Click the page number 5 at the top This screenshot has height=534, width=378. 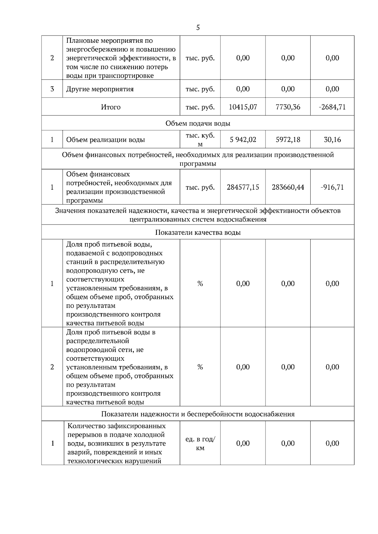point(198,28)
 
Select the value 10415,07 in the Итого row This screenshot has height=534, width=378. point(243,107)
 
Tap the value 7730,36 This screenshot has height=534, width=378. point(288,107)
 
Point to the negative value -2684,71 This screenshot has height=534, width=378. point(332,107)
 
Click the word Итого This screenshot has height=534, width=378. point(111,107)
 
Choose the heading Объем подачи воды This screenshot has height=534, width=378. point(198,123)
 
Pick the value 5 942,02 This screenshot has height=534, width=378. point(243,140)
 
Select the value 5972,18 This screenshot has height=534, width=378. point(288,140)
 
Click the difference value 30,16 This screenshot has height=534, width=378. point(332,140)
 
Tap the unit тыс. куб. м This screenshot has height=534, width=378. point(200,140)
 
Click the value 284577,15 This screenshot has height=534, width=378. point(243,187)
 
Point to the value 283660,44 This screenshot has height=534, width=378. point(288,187)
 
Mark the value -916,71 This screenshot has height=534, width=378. point(332,187)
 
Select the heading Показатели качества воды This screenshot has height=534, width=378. point(198,232)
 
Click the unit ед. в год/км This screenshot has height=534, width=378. point(200,443)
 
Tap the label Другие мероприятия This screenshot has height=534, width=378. point(100,89)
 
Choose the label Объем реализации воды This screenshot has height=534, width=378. point(106,140)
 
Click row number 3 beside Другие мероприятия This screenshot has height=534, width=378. point(52,89)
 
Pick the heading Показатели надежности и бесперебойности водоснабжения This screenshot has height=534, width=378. point(198,414)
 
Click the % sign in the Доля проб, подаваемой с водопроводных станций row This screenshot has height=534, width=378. point(200,284)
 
